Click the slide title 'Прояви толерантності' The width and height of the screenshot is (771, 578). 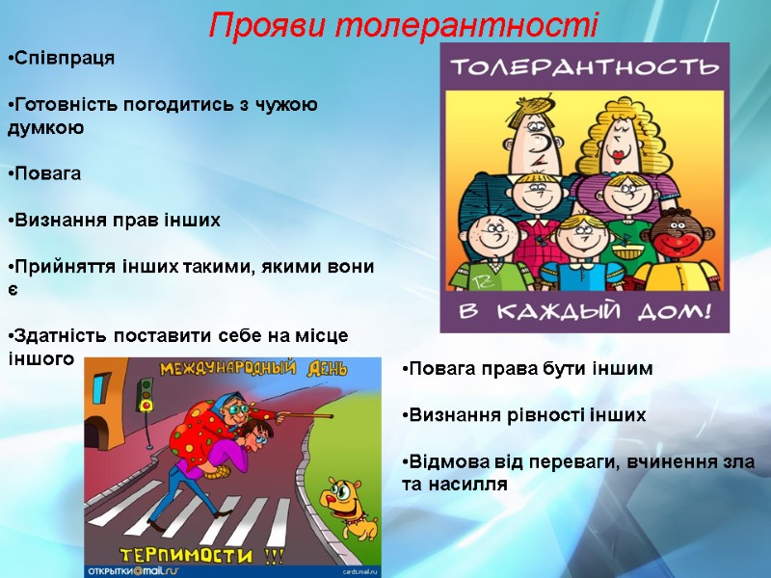point(403,23)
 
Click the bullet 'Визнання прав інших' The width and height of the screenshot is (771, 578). point(115,221)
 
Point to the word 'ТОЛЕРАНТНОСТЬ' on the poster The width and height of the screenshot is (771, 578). point(585,67)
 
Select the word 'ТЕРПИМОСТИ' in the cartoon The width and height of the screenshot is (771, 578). point(189,555)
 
